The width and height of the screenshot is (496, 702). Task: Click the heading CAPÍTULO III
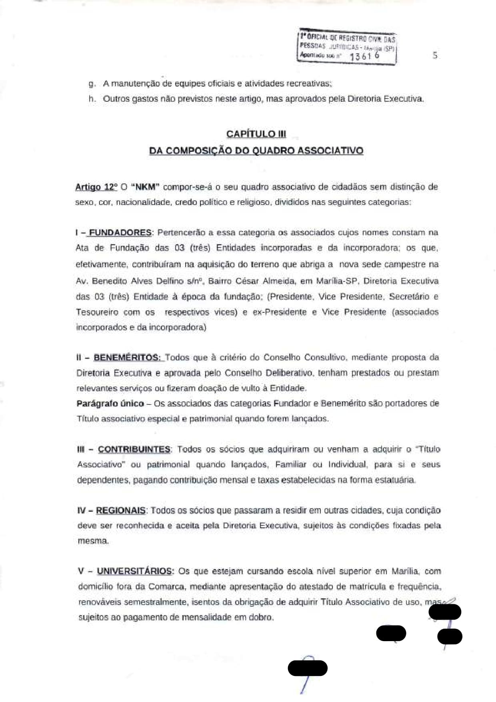(256, 134)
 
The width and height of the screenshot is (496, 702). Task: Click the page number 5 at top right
(435, 56)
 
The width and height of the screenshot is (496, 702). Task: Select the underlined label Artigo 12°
(96, 187)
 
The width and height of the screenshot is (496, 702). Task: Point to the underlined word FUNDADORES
(120, 233)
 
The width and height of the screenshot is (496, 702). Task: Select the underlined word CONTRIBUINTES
(134, 449)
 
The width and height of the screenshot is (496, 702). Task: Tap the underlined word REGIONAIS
(120, 511)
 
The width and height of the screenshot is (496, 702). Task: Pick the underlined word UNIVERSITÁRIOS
(135, 571)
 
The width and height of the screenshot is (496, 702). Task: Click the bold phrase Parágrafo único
(110, 404)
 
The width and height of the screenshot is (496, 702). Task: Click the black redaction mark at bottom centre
(308, 668)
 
